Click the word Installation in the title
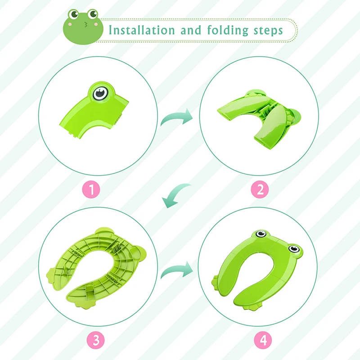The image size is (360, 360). [142, 30]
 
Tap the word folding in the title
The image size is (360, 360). [228, 31]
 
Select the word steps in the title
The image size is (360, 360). [268, 31]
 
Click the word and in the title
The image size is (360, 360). [191, 30]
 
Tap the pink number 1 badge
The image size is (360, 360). [91, 190]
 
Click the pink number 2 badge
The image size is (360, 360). [260, 189]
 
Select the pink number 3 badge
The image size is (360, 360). [95, 340]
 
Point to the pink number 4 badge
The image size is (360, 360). [263, 340]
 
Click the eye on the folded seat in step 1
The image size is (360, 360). [100, 93]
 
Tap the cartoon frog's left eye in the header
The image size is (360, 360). [73, 14]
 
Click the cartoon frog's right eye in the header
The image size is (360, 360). [93, 14]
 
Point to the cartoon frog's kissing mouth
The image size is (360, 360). [85, 24]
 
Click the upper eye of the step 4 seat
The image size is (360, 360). [261, 234]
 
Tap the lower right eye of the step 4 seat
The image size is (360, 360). [294, 248]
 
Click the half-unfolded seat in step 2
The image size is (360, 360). [260, 119]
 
